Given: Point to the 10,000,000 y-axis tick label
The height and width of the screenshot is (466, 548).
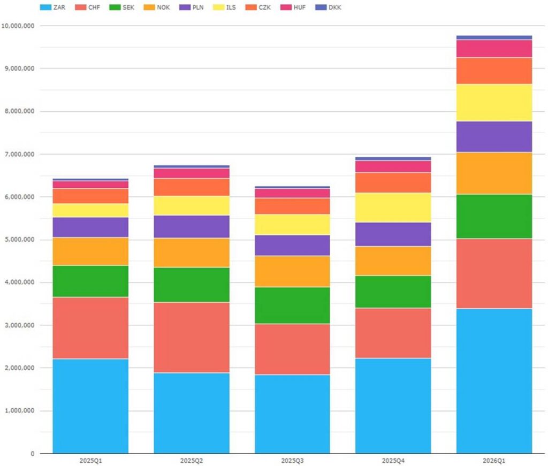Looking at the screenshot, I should pos(18,26).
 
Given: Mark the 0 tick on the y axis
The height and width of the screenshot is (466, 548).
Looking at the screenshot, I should pos(33,454).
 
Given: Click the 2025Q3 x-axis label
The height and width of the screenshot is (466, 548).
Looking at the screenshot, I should pos(292,461).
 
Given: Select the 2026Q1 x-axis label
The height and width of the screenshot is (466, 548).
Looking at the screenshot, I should pos(494,461).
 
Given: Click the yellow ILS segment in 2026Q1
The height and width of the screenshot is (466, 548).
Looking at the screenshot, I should pos(494,103).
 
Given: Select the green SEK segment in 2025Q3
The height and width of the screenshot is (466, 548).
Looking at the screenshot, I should pos(292,305).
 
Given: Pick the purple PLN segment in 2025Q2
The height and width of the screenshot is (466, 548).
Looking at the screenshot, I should pos(192,227).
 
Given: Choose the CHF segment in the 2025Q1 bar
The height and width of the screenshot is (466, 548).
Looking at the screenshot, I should pos(90,328).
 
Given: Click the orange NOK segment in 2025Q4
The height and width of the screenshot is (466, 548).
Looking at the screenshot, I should pos(393,261).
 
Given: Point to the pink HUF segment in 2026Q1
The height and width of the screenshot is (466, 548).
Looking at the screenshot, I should pos(494,49).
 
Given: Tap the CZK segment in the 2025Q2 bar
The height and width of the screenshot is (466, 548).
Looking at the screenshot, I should pos(192,187).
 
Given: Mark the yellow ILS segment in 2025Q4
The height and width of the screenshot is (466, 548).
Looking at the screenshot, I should pos(393,208).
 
